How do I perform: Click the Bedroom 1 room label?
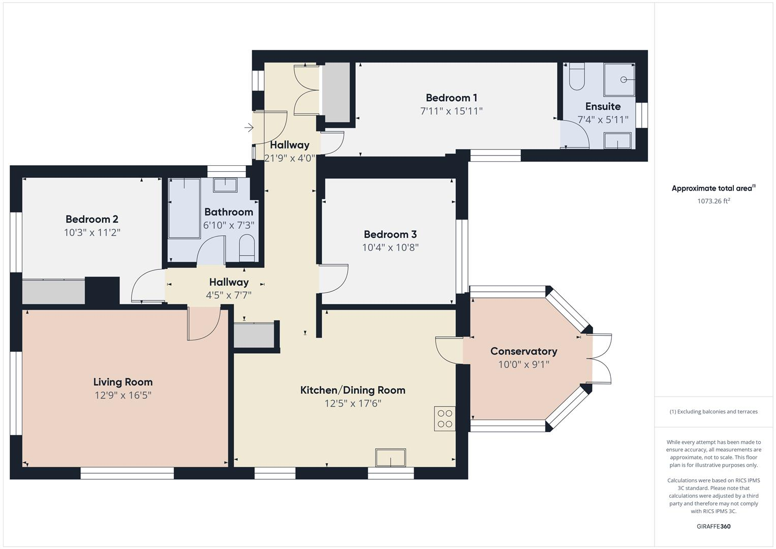(451, 98)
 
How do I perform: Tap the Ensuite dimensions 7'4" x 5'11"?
(603, 120)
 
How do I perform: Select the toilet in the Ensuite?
(577, 77)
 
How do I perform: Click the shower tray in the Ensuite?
(619, 80)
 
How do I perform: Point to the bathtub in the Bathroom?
(184, 208)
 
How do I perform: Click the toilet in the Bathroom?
(246, 247)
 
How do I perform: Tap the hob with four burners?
(445, 418)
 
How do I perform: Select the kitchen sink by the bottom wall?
(390, 457)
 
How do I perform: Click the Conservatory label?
(523, 351)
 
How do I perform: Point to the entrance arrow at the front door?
(249, 128)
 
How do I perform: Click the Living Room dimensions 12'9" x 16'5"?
(123, 395)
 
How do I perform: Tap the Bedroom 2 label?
(92, 219)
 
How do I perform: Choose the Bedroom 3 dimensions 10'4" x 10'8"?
(390, 248)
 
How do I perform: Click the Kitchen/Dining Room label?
(353, 390)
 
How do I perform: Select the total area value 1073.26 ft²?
(713, 201)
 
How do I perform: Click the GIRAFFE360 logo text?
(713, 526)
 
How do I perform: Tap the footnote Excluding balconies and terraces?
(713, 412)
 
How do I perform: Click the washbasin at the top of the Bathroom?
(225, 185)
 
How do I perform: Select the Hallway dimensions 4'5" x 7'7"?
(229, 295)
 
